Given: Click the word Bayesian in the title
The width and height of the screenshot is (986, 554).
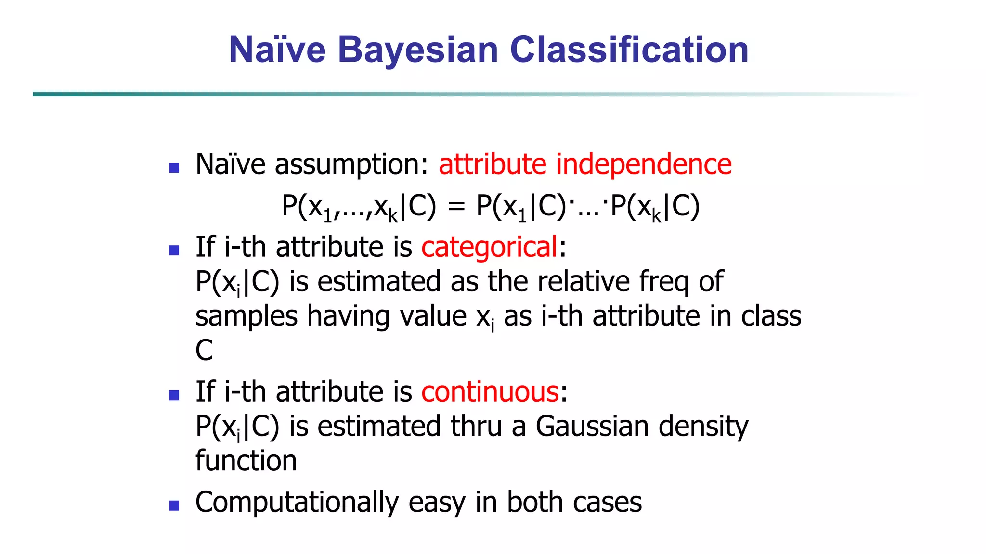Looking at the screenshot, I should click(x=418, y=50).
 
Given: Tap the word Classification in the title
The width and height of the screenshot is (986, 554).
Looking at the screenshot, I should click(x=629, y=50).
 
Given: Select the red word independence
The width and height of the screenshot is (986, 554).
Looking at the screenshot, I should click(x=644, y=164).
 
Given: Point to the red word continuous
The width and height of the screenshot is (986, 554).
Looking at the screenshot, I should click(x=490, y=392).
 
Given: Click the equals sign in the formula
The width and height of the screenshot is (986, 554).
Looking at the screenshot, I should click(x=456, y=207).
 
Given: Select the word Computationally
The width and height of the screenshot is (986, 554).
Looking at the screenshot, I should click(x=297, y=503).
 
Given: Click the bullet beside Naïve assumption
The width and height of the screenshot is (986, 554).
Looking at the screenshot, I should click(x=174, y=168).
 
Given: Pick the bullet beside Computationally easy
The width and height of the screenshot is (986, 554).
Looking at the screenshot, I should click(x=174, y=505).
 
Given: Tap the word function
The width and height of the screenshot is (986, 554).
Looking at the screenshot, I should click(x=246, y=461).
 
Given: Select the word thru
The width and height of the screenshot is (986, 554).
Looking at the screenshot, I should click(x=476, y=427).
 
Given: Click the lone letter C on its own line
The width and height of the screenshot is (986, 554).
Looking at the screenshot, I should click(x=204, y=350).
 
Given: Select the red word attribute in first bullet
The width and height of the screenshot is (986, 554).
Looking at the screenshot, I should click(x=492, y=164).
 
